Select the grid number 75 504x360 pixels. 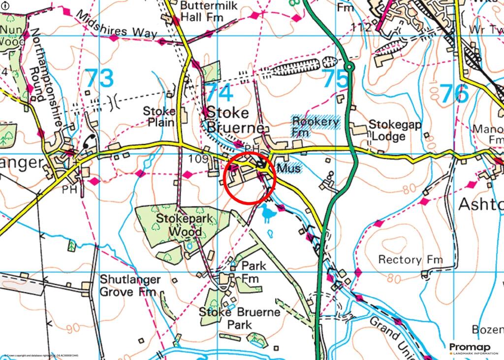tap(336, 79)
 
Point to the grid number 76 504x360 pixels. tap(454, 93)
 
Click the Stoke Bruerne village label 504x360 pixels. tap(227, 120)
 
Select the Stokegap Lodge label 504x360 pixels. tap(395, 130)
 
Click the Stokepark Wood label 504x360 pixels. tap(179, 224)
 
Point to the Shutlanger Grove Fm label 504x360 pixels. tap(130, 286)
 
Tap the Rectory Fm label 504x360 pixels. tap(410, 259)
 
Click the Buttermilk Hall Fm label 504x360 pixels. tap(208, 11)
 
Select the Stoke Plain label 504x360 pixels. tap(159, 116)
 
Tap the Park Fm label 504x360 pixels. tap(252, 272)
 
